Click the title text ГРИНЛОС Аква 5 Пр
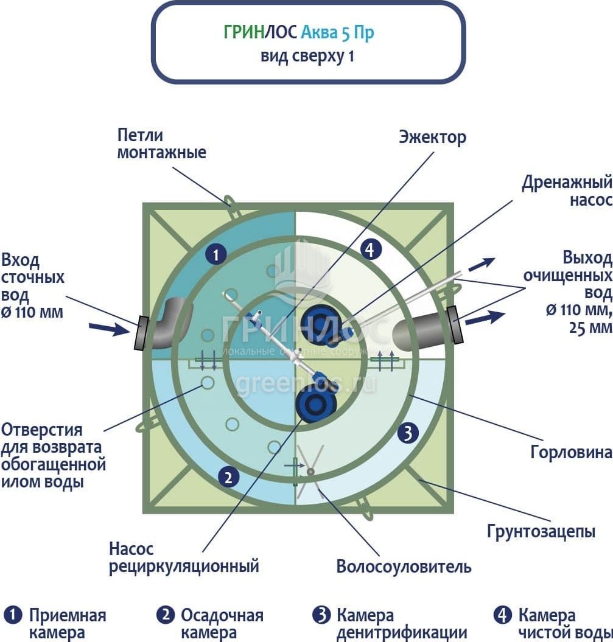pyautogui.click(x=298, y=32)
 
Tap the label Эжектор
pyautogui.click(x=432, y=137)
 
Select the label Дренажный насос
pyautogui.click(x=566, y=191)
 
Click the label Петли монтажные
pyautogui.click(x=161, y=144)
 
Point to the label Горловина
pyautogui.click(x=570, y=452)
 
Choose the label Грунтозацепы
pyautogui.click(x=541, y=531)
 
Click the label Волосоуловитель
pyautogui.click(x=404, y=567)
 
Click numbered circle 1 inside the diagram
pyautogui.click(x=215, y=254)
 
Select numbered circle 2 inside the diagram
pyautogui.click(x=228, y=477)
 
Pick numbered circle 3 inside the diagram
pyautogui.click(x=407, y=433)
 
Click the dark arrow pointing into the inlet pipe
pyautogui.click(x=108, y=329)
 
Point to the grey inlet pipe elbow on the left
pyautogui.click(x=170, y=323)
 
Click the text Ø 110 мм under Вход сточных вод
pyautogui.click(x=36, y=312)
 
